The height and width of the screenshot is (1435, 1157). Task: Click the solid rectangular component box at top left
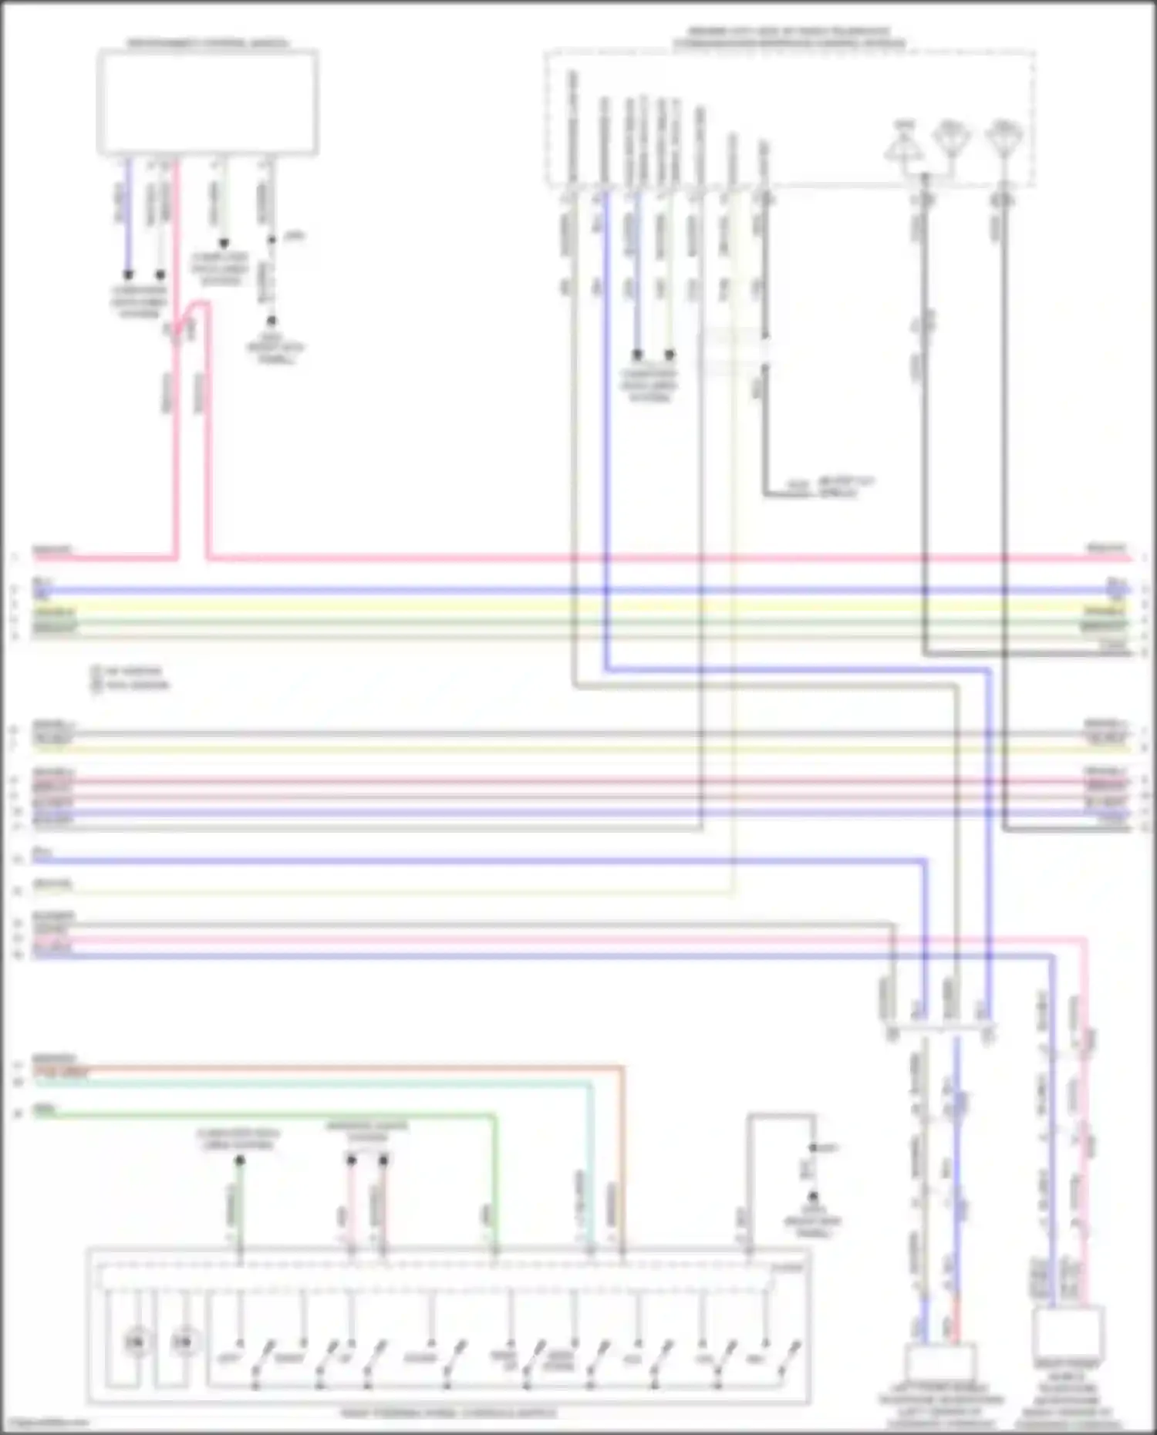tap(207, 101)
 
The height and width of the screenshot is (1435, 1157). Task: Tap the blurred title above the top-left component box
tap(207, 42)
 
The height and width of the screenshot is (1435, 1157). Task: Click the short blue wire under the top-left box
tap(129, 216)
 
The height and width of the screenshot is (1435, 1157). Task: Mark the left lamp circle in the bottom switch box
tap(136, 1342)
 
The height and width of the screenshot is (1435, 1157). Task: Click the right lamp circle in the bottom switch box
tap(183, 1342)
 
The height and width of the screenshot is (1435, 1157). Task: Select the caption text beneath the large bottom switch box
tap(448, 1413)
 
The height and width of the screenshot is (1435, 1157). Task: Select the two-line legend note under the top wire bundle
tap(131, 678)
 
